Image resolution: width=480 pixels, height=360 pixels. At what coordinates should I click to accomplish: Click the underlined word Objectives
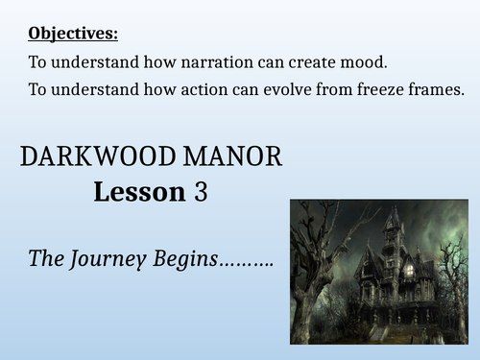pyautogui.click(x=73, y=35)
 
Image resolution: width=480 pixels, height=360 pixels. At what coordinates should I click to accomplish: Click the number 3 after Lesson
pyautogui.click(x=201, y=193)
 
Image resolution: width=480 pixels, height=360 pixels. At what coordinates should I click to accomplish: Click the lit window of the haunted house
pyautogui.click(x=409, y=271)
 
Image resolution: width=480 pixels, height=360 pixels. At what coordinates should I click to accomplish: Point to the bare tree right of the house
pyautogui.click(x=449, y=278)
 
